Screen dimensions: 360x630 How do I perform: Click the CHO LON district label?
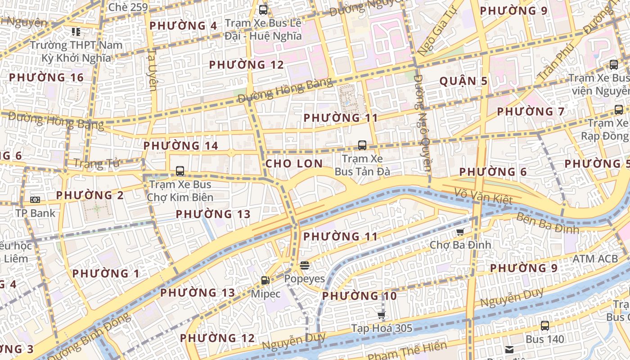click(294, 163)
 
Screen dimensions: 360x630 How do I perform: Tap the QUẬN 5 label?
click(463, 81)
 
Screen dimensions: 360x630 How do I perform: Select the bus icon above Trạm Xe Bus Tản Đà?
click(362, 145)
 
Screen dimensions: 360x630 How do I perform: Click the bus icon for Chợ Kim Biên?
click(180, 171)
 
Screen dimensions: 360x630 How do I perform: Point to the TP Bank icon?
click(35, 200)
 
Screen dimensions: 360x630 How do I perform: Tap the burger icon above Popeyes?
click(305, 265)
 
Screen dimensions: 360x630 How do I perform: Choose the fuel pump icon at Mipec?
click(265, 280)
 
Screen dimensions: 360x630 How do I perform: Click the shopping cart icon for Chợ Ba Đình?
click(460, 232)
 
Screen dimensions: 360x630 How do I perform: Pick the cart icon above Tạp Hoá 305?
click(382, 315)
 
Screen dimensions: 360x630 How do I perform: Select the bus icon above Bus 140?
click(545, 326)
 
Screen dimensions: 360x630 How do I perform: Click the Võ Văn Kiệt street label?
click(483, 196)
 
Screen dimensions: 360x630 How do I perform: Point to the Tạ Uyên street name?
click(152, 70)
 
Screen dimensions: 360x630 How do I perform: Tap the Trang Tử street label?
click(96, 163)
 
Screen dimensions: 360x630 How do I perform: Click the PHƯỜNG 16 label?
click(46, 77)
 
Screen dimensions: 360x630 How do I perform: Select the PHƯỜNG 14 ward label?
click(180, 146)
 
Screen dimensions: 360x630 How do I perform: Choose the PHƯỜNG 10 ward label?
click(359, 296)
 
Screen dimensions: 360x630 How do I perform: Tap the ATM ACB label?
click(595, 259)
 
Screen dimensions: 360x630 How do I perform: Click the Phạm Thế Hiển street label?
click(407, 351)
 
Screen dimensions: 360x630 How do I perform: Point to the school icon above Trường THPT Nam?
click(76, 32)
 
